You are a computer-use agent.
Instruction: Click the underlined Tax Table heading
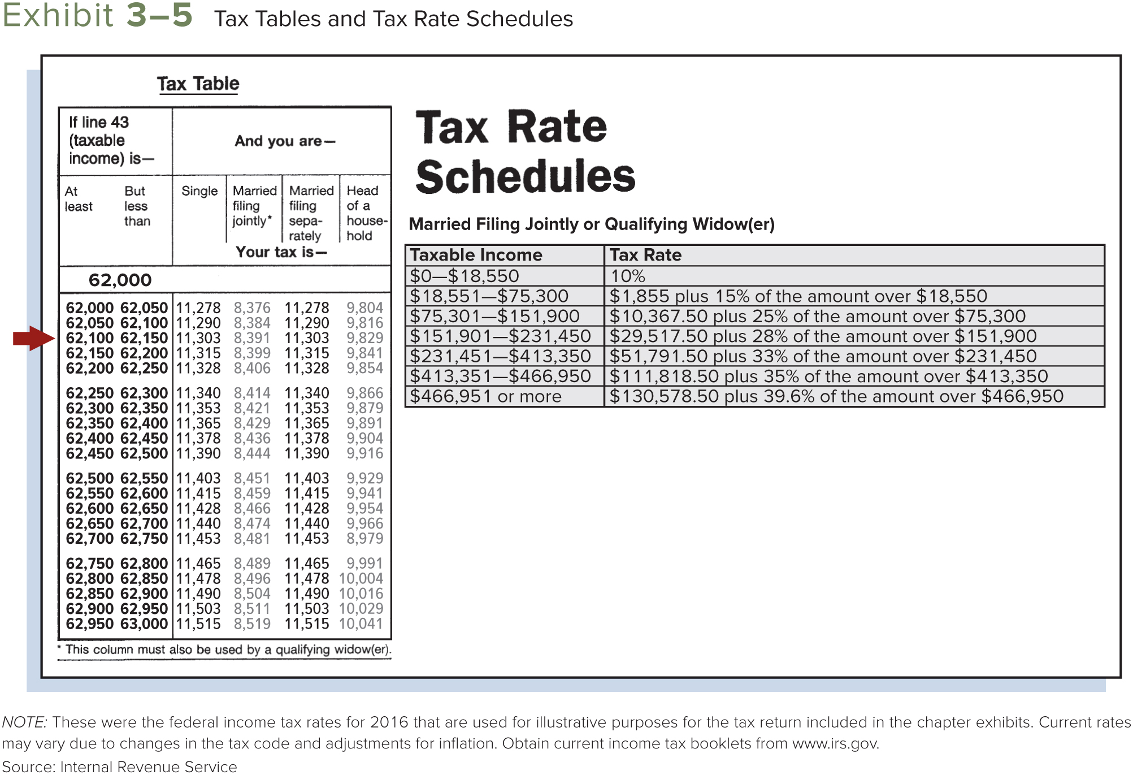[198, 84]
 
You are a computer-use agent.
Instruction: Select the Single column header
[199, 191]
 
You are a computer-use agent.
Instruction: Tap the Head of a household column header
[365, 213]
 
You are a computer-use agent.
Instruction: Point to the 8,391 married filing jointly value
[252, 338]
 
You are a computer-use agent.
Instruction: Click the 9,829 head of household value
[365, 338]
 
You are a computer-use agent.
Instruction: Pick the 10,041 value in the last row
[361, 624]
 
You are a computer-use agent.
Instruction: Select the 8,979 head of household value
[365, 539]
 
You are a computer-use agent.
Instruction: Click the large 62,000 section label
[120, 280]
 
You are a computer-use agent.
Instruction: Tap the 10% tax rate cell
[627, 276]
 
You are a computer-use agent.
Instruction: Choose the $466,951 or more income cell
[485, 396]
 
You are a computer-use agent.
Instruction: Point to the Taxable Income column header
[476, 255]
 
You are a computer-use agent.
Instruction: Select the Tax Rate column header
[645, 255]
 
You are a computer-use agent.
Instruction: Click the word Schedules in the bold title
[525, 176]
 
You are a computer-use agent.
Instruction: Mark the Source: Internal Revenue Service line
[119, 767]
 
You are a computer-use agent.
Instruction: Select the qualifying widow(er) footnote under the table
[225, 650]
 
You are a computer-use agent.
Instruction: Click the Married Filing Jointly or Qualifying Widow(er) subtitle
[591, 224]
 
